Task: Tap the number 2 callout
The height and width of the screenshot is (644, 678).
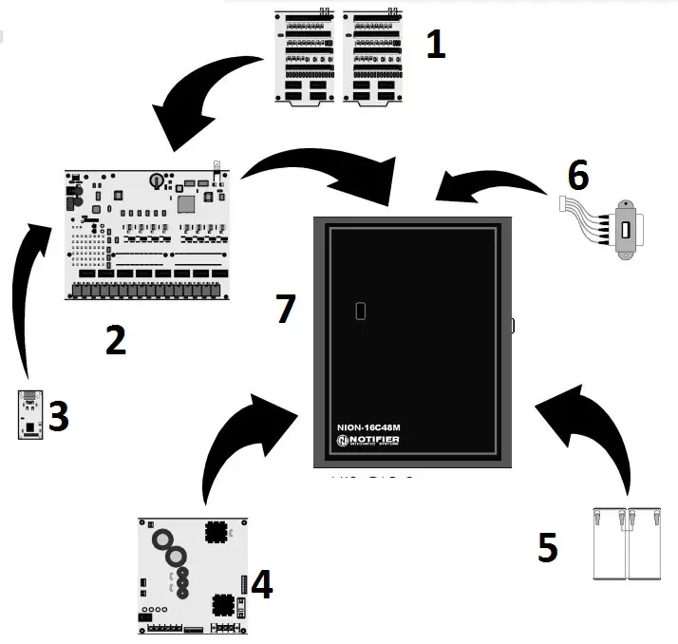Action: click(x=115, y=340)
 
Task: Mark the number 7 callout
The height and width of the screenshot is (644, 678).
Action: click(x=284, y=309)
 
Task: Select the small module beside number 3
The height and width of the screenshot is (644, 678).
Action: click(x=30, y=413)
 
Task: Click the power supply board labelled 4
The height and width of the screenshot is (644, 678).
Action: click(x=194, y=576)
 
